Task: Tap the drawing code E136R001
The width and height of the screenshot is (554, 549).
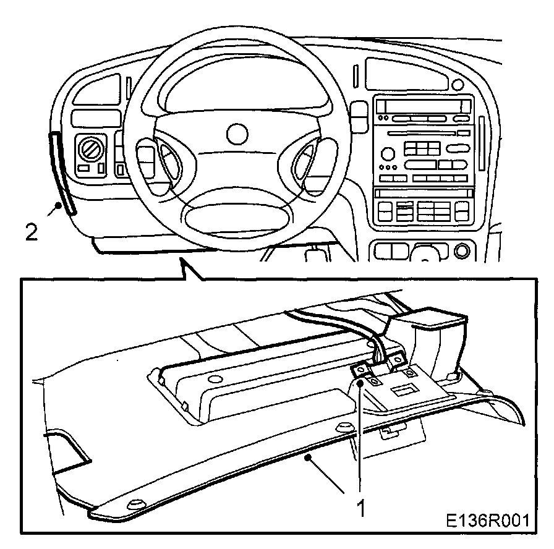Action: tap(488, 520)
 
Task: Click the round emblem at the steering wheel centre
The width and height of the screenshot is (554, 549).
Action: tap(237, 133)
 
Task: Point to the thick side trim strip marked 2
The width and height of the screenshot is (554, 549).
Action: tap(62, 173)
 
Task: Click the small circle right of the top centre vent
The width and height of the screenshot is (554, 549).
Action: tap(458, 83)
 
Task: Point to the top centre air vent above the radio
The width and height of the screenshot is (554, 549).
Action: tap(405, 74)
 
